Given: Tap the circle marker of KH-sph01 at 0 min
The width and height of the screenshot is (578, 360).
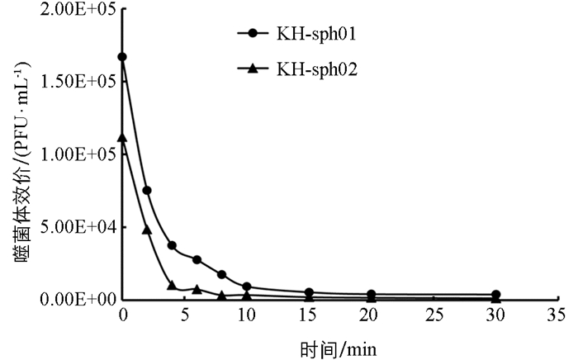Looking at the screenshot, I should click(x=123, y=57).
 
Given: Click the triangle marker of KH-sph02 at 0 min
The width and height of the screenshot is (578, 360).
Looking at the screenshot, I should click(x=123, y=138).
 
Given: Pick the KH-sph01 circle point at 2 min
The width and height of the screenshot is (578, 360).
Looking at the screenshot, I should click(x=147, y=190).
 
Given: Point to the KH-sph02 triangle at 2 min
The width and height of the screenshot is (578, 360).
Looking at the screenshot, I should click(x=147, y=230).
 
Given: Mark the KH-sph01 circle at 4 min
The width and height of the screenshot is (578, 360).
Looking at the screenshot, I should click(x=173, y=245).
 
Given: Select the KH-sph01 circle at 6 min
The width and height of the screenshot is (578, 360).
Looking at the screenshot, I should click(x=197, y=259).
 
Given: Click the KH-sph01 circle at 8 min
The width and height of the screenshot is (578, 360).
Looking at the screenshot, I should click(x=222, y=274).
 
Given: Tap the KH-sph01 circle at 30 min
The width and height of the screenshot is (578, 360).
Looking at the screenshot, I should click(x=495, y=295).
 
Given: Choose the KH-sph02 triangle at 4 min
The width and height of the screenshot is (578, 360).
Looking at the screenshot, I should click(x=173, y=285).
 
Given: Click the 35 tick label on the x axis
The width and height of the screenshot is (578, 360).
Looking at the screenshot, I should click(x=557, y=315).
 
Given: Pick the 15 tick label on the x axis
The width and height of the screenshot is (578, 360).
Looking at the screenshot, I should click(x=309, y=315).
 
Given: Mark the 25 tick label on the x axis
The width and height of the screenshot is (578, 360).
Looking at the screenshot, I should click(x=433, y=315).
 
